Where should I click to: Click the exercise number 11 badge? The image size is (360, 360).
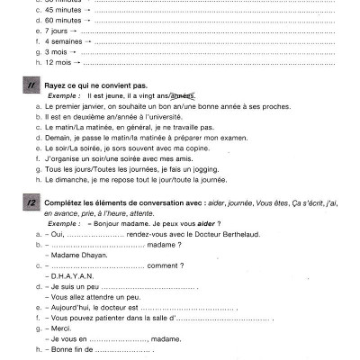pyautogui.click(x=31, y=85)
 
